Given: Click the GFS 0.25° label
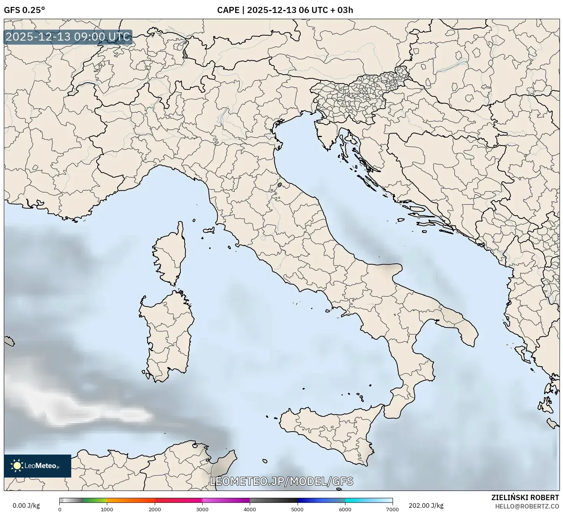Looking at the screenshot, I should click(x=24, y=10).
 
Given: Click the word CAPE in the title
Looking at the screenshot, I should click(x=228, y=10).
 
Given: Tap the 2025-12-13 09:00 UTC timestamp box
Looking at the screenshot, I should click(x=68, y=37).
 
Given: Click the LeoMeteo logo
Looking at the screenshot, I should click(x=38, y=466).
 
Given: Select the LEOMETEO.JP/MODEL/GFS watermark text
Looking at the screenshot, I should click(x=281, y=481).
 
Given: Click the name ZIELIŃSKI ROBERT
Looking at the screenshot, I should click(x=525, y=497).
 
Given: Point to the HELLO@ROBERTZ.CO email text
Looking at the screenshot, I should click(x=527, y=506).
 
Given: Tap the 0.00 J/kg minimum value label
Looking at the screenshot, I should click(x=26, y=505).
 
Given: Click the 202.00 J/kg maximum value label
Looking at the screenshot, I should click(x=426, y=505).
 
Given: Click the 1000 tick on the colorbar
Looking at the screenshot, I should click(x=107, y=509).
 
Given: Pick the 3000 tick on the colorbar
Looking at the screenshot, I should click(x=202, y=509).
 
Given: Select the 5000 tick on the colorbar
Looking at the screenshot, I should click(x=298, y=509).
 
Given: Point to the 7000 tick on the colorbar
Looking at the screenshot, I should click(x=393, y=509).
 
